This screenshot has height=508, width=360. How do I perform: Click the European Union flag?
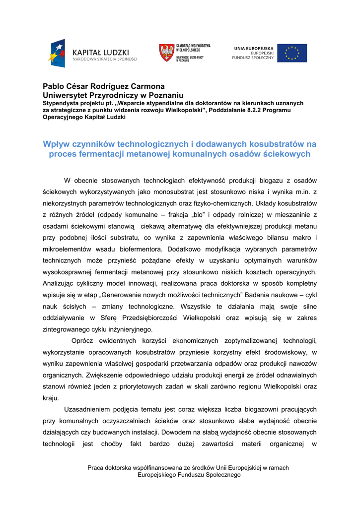(x=292, y=53)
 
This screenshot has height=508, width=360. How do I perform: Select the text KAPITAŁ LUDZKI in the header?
(x=101, y=52)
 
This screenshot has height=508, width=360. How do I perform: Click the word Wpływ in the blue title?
(x=57, y=144)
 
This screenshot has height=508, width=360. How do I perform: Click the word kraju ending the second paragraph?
(x=51, y=398)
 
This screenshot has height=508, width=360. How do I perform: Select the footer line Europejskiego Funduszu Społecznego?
(x=189, y=475)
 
